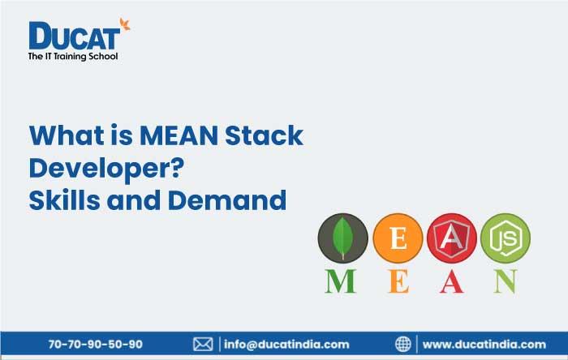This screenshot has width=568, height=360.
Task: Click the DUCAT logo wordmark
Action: (75, 36)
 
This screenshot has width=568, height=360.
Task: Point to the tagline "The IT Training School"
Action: (73, 56)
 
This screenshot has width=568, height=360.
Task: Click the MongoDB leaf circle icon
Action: (342, 238)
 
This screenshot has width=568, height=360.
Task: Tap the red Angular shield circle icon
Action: (450, 238)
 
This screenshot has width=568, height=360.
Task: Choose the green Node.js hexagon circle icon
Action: (505, 238)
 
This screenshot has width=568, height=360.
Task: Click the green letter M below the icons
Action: (342, 281)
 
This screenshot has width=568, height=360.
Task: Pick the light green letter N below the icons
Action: (505, 281)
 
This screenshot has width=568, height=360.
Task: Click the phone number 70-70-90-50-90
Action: (95, 344)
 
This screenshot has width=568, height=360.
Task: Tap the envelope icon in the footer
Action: (203, 344)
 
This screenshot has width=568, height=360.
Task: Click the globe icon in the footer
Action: (403, 344)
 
